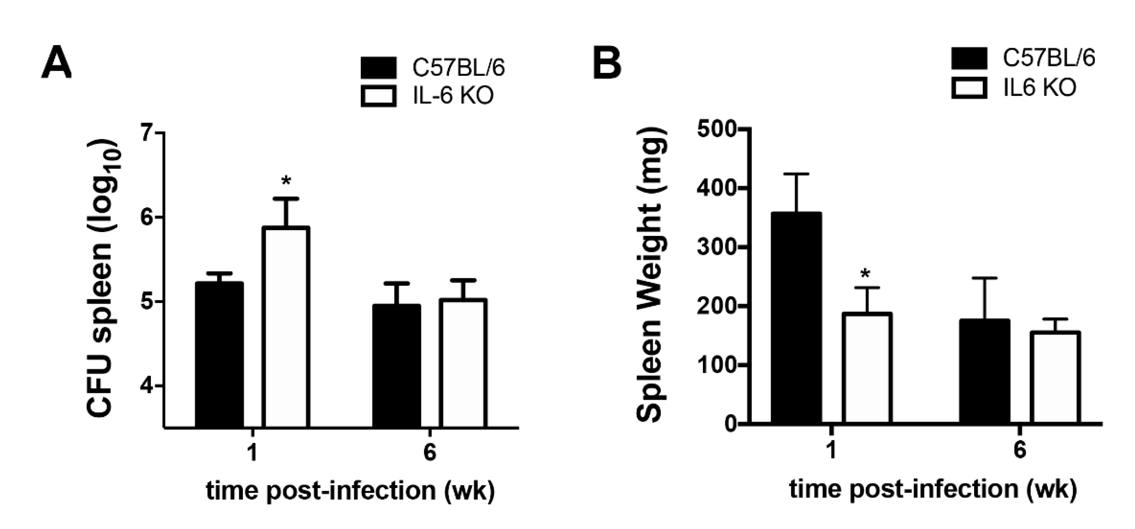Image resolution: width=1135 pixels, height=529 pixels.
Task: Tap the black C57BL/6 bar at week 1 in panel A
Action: tap(219, 355)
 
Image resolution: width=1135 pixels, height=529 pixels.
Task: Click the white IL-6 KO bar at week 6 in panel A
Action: tap(463, 363)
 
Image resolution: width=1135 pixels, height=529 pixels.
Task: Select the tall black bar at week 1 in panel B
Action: tap(796, 318)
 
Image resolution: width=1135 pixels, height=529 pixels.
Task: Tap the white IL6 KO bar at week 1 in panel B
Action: tap(867, 368)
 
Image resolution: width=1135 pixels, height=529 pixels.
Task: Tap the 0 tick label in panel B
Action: tap(731, 424)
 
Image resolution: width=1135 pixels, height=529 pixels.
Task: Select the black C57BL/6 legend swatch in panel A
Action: tap(378, 68)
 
